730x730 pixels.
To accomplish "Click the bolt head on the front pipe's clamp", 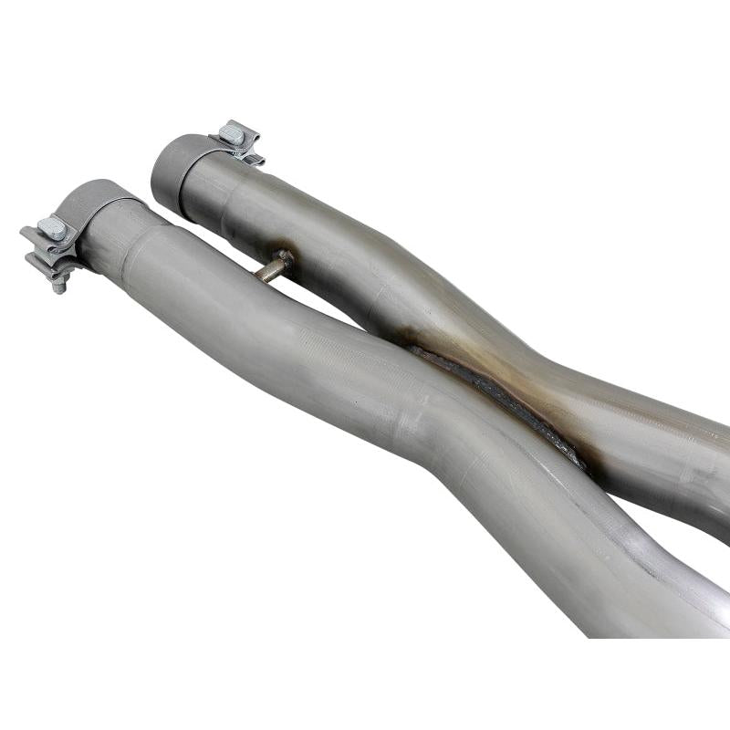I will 52,228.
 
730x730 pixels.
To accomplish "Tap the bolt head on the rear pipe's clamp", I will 233,133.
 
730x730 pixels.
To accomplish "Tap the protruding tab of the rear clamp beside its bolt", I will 252,158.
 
